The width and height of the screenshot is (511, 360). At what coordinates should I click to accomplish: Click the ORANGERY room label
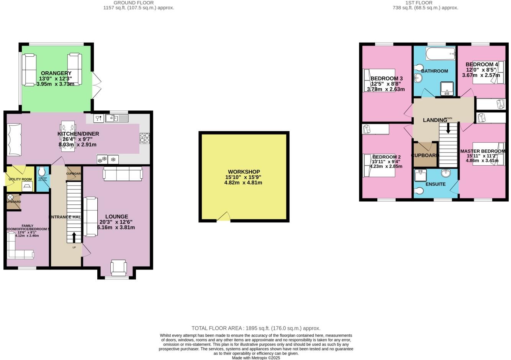[x=56, y=73]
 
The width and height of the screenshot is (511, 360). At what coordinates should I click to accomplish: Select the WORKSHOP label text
[x=244, y=172]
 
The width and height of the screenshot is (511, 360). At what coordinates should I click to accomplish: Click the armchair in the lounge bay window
[x=118, y=267]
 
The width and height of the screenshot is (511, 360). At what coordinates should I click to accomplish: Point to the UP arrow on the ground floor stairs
[x=74, y=237]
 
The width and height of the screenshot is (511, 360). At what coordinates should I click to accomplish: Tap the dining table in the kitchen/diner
[x=68, y=136]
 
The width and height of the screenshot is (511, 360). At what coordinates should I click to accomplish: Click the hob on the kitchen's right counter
[x=145, y=138]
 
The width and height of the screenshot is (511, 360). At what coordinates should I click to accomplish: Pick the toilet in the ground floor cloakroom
[x=42, y=171]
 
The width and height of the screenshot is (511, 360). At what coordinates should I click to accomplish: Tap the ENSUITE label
[x=436, y=184]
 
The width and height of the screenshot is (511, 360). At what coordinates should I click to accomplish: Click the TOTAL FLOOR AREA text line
[x=255, y=328]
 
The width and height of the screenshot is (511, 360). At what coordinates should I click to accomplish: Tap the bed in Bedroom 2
[x=379, y=165]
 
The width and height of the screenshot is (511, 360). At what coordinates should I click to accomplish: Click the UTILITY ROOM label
[x=20, y=179]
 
